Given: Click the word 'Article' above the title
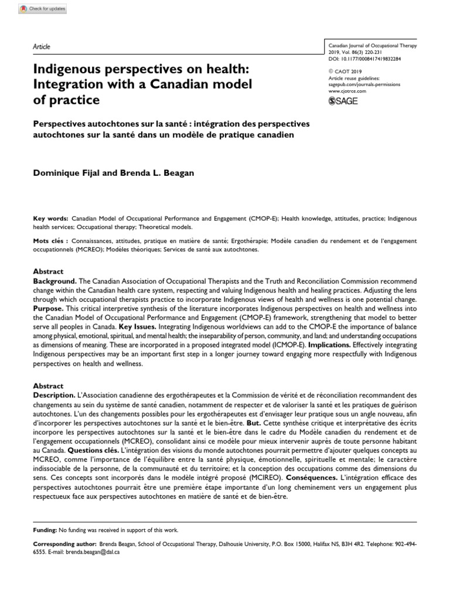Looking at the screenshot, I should (x=42, y=47).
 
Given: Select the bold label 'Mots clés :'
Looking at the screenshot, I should (x=51, y=241).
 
